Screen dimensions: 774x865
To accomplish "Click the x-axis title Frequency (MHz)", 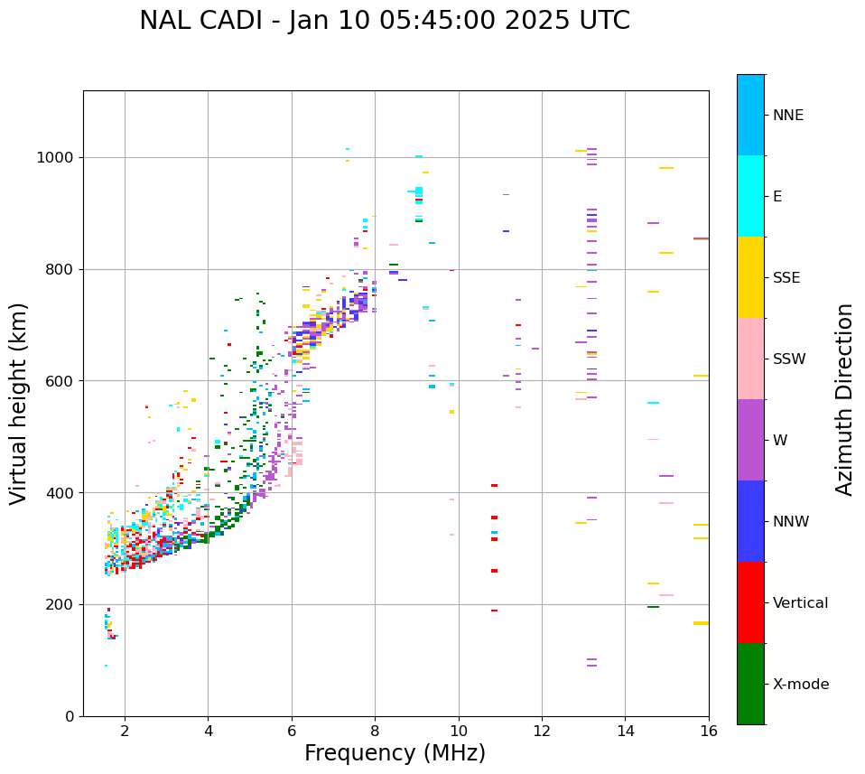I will (395, 753).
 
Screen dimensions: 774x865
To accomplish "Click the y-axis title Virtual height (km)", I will (19, 404).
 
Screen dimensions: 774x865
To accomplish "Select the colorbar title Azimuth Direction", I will (844, 399).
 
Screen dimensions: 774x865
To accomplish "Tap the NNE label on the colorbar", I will (787, 116).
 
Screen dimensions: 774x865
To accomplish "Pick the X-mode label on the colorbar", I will (800, 685).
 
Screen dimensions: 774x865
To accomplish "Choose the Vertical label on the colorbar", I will (800, 603).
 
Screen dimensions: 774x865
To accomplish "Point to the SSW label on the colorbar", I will (789, 359).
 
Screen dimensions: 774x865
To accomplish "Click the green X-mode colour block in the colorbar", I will (750, 684).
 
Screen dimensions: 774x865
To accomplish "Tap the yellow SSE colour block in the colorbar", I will (750, 277).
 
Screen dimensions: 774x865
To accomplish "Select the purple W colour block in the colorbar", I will (750, 440).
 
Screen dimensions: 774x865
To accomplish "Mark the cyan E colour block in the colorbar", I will (750, 196).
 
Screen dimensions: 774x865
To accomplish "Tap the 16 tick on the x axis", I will (708, 731).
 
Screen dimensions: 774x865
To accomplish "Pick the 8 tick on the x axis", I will (375, 731).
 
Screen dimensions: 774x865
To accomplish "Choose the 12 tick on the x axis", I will (541, 731).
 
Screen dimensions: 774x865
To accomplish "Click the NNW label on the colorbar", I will (791, 522).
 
